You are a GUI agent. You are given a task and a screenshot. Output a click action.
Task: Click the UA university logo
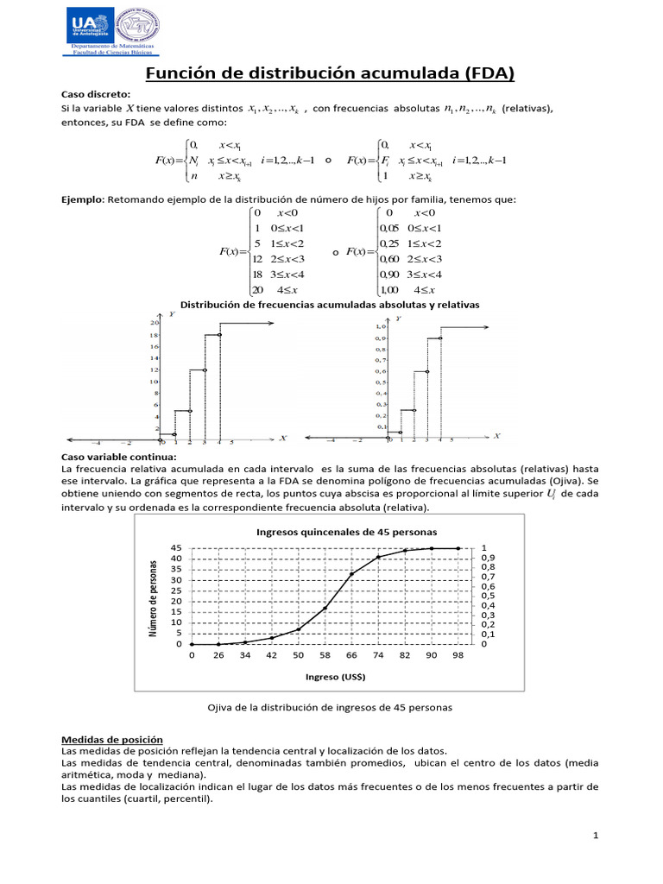[x=90, y=27]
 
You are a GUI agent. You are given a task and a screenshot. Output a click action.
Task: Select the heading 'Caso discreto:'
[x=95, y=93]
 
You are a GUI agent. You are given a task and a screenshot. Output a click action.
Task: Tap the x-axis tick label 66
[x=351, y=657]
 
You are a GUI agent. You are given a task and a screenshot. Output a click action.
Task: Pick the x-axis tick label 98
[x=458, y=657]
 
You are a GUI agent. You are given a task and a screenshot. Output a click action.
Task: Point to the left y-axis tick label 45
[x=176, y=548]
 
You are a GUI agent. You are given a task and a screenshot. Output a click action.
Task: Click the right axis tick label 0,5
[x=489, y=596]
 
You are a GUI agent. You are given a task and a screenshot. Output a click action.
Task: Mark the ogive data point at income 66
[x=351, y=574]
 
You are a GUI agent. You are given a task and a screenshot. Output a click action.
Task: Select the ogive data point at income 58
[x=325, y=608]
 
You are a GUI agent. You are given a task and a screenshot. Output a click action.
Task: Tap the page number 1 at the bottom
[x=596, y=836]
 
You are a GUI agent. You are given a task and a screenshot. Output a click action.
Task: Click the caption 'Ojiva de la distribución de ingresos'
[x=329, y=707]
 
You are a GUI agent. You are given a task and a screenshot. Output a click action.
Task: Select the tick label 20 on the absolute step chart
[x=154, y=322]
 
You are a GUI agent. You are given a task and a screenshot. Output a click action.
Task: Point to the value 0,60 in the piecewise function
[x=390, y=258]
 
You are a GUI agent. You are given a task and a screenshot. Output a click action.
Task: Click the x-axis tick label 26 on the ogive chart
[x=218, y=657]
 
